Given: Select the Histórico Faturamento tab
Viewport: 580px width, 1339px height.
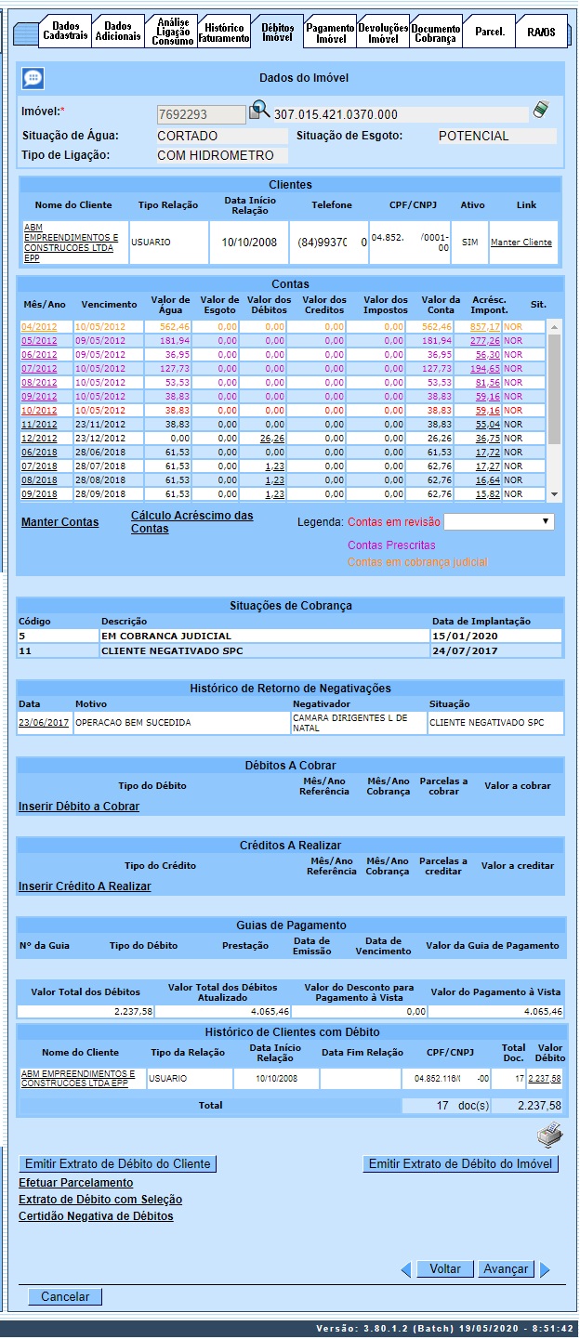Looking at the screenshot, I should click(224, 33).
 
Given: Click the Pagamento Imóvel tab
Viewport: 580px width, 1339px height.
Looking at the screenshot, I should click(330, 33).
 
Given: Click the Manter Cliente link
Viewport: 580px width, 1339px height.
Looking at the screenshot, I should click(521, 243).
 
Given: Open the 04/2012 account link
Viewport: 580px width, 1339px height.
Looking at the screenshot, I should click(39, 327).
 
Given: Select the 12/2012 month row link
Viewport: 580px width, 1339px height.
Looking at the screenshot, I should click(39, 439).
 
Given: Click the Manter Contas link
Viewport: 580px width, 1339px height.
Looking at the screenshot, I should click(59, 522).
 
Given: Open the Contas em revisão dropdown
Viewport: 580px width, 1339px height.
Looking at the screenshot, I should click(499, 522).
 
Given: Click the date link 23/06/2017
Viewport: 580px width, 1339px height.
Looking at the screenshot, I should click(43, 722).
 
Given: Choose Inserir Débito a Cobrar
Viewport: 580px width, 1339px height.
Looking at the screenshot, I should click(79, 807).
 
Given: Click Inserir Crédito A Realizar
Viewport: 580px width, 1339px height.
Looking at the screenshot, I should click(85, 886).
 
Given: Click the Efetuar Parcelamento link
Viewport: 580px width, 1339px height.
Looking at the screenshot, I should click(75, 1183).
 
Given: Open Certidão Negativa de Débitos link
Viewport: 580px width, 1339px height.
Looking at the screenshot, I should click(96, 1216).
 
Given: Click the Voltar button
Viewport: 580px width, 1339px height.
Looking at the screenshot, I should click(445, 1269).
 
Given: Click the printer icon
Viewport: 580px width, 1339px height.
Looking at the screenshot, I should click(550, 1135).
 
